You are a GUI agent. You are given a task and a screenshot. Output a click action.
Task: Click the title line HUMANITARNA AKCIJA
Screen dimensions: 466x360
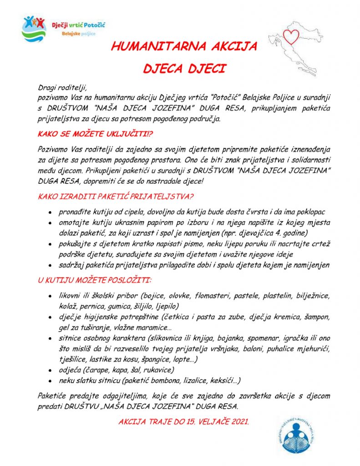(x=184, y=46)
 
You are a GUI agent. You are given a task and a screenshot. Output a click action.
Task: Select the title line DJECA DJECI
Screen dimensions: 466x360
(x=184, y=69)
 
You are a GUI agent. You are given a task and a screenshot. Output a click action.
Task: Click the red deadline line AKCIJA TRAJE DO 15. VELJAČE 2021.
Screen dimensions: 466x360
(x=184, y=422)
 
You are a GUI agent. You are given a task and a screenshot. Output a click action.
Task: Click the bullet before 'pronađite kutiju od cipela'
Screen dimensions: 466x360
(x=49, y=213)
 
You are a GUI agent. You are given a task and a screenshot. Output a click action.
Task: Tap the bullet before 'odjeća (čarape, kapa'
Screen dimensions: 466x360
(x=49, y=371)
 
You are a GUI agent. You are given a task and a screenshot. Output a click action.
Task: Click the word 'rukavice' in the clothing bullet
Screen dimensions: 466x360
(x=159, y=370)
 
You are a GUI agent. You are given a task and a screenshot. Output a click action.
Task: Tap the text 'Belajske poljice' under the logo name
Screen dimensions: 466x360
(x=79, y=34)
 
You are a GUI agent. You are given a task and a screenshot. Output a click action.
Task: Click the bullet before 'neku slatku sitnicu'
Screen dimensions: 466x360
(x=49, y=381)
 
